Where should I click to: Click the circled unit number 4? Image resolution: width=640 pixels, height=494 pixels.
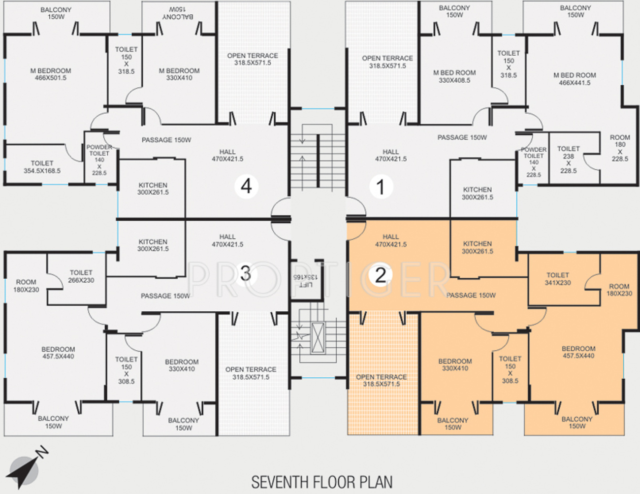click(x=246, y=187)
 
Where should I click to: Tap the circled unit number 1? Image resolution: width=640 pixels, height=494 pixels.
click(x=381, y=187)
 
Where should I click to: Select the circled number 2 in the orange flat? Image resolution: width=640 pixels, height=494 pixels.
click(x=380, y=275)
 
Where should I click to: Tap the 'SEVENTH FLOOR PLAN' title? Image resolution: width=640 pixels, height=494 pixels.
click(x=322, y=482)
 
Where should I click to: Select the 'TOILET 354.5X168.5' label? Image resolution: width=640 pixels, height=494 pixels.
click(x=42, y=167)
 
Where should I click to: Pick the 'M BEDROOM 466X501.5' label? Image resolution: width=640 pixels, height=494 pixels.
click(x=51, y=74)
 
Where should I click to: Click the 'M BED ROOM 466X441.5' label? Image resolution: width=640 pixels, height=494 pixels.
click(x=575, y=79)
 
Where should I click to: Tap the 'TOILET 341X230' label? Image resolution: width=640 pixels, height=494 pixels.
click(x=558, y=279)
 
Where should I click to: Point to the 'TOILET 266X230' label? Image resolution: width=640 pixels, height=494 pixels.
click(x=81, y=276)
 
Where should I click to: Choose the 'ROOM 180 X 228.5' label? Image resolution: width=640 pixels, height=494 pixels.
click(x=620, y=148)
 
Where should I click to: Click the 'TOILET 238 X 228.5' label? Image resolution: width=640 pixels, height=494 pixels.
click(x=569, y=160)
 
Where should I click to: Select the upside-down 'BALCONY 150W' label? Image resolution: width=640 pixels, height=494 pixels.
click(x=178, y=13)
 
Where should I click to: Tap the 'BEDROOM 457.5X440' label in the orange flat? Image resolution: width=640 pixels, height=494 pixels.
click(x=578, y=352)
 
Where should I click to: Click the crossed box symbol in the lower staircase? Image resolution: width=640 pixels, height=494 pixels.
click(x=319, y=337)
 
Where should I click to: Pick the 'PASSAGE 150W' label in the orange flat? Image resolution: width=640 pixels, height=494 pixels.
click(x=471, y=295)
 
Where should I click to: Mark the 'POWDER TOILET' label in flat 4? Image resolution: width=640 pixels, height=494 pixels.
click(x=99, y=150)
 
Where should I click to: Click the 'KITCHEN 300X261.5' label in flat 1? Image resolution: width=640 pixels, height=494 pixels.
click(x=478, y=193)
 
